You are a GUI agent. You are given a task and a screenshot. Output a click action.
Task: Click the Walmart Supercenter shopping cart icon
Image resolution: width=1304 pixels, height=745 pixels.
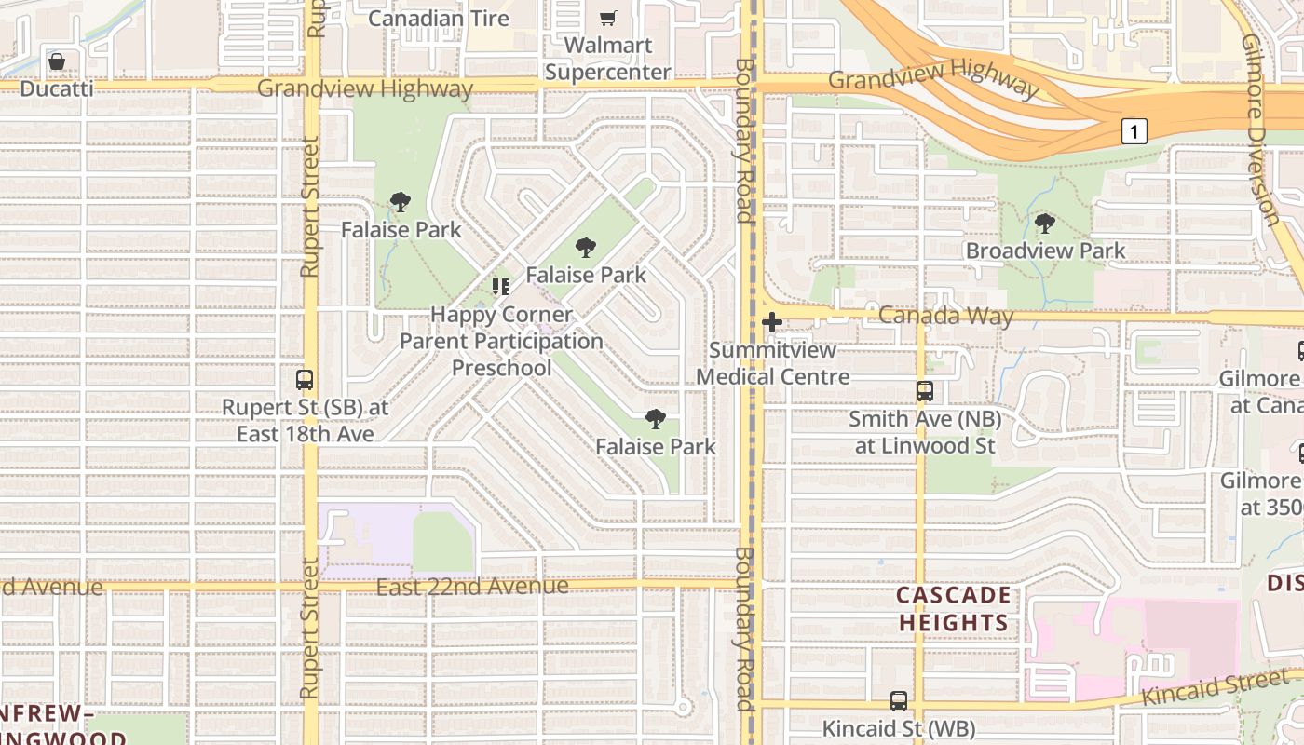[608, 18]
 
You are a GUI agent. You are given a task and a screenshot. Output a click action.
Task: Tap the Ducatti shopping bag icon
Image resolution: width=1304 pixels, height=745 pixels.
[57, 61]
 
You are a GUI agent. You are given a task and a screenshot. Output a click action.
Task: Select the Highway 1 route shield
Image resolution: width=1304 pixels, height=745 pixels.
[1134, 131]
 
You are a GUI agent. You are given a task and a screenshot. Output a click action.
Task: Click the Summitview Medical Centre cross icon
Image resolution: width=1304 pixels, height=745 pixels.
[772, 322]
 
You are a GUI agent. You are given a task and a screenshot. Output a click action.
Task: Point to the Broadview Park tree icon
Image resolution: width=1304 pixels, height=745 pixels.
[1045, 223]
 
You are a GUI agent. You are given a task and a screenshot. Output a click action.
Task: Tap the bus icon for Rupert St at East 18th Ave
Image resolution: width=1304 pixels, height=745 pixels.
[305, 379]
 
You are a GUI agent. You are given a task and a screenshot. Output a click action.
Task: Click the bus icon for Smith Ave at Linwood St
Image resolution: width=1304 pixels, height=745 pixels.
[924, 391]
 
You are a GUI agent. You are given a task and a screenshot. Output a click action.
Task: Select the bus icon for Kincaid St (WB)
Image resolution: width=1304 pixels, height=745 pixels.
[898, 700]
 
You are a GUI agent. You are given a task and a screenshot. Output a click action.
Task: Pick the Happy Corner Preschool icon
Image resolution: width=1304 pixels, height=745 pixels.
[501, 286]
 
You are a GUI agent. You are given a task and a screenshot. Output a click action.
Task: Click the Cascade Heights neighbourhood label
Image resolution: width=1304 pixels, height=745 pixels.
[954, 609]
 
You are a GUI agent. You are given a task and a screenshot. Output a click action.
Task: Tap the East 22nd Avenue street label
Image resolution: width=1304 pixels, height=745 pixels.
[472, 587]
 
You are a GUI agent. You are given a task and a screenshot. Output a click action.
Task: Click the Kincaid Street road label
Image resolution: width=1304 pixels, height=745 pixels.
[1219, 686]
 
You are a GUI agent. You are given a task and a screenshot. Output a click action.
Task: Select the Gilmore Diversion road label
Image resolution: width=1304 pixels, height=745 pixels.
[1261, 130]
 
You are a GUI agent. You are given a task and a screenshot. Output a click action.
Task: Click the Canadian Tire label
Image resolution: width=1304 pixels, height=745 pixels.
[439, 18]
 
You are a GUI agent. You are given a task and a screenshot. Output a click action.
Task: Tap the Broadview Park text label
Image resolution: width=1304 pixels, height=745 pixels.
[1045, 251]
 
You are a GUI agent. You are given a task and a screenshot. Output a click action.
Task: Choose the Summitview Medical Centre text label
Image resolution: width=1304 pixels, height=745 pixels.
[773, 363]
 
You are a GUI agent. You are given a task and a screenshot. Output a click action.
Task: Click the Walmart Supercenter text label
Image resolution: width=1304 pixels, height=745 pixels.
[608, 59]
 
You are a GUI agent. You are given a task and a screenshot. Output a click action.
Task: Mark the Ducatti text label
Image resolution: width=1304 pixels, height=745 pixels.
[57, 88]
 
